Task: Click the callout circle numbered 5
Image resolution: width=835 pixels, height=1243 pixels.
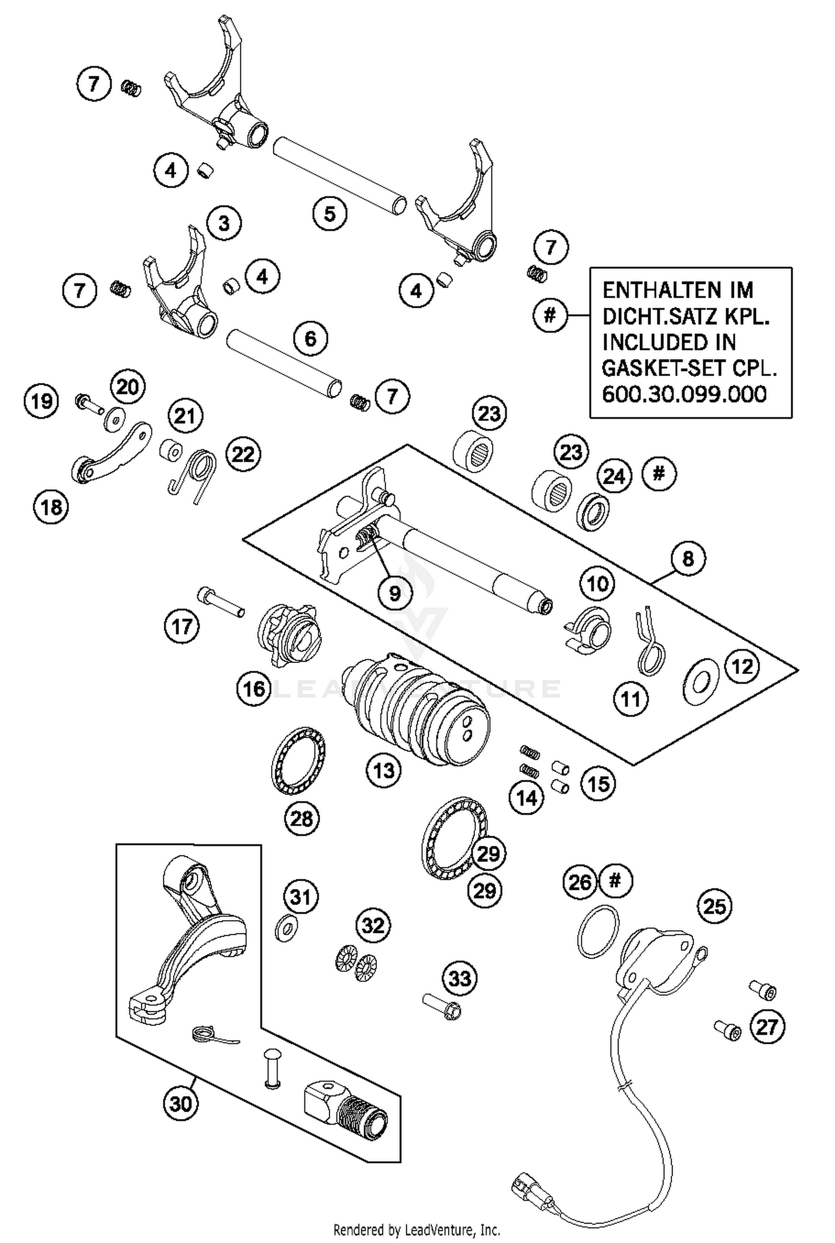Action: pyautogui.click(x=330, y=214)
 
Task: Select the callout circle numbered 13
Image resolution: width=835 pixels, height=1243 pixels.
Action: pyautogui.click(x=384, y=770)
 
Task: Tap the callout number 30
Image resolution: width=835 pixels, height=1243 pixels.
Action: pyautogui.click(x=181, y=1103)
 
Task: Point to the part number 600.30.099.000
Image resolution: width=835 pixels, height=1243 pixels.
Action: pyautogui.click(x=684, y=394)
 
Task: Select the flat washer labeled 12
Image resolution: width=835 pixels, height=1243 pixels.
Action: pyautogui.click(x=700, y=681)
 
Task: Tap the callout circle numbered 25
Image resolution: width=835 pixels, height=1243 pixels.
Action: pyautogui.click(x=715, y=906)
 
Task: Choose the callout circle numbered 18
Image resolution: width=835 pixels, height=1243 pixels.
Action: pyautogui.click(x=51, y=507)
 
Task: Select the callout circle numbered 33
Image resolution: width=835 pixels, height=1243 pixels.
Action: pyautogui.click(x=460, y=978)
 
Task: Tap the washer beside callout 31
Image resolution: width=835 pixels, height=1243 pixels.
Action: pyautogui.click(x=286, y=927)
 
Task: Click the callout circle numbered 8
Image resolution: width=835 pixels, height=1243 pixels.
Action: pyautogui.click(x=688, y=558)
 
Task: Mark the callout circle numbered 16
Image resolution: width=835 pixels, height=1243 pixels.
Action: pyautogui.click(x=254, y=689)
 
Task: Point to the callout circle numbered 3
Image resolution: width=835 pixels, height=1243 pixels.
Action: pyautogui.click(x=224, y=223)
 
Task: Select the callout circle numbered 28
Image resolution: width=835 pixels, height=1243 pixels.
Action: pyautogui.click(x=302, y=818)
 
